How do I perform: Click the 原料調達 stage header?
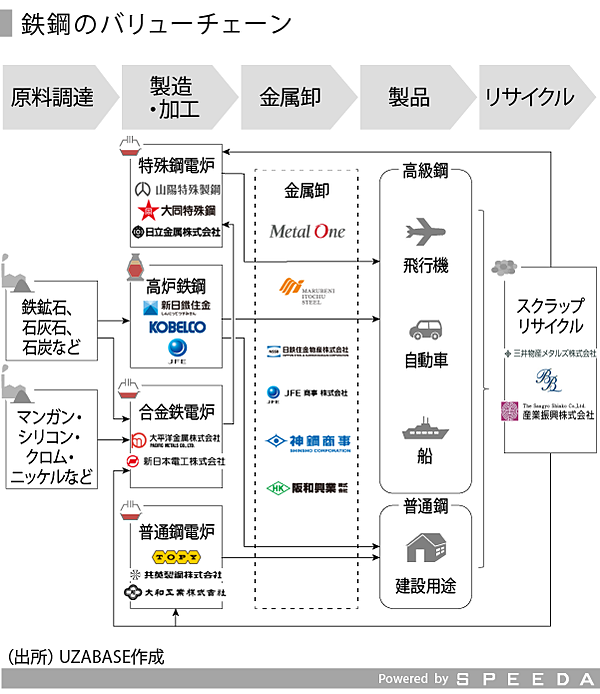pyautogui.click(x=53, y=97)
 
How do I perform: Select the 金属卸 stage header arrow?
pyautogui.click(x=290, y=97)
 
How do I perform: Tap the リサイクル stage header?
pyautogui.click(x=529, y=97)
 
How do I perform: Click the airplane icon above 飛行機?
pyautogui.click(x=425, y=233)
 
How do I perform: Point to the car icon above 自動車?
pyautogui.click(x=425, y=329)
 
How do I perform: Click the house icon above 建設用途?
pyautogui.click(x=425, y=546)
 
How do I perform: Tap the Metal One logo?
pyautogui.click(x=307, y=231)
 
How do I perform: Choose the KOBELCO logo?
pyautogui.click(x=176, y=327)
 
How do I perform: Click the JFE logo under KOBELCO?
pyautogui.click(x=176, y=349)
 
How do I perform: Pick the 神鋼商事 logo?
pyautogui.click(x=307, y=441)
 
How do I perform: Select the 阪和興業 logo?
pyautogui.click(x=307, y=488)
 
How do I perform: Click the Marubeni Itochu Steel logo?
pyautogui.click(x=307, y=290)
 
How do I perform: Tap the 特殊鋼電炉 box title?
pyautogui.click(x=176, y=166)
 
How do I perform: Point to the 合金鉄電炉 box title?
pyautogui.click(x=176, y=412)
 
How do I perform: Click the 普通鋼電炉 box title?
pyautogui.click(x=176, y=530)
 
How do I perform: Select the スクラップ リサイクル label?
pyautogui.click(x=550, y=316)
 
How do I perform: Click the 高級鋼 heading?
pyautogui.click(x=425, y=172)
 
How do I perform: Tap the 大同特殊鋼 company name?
pyautogui.click(x=178, y=210)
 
